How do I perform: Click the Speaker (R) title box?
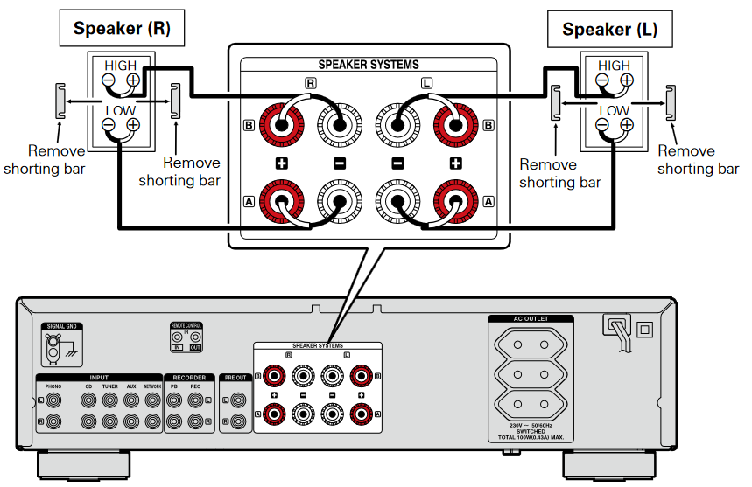[x=122, y=28]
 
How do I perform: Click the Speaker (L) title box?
[x=609, y=29]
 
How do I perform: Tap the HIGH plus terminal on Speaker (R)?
[x=133, y=81]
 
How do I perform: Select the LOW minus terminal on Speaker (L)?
[x=602, y=126]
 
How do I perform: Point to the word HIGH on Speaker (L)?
[x=614, y=66]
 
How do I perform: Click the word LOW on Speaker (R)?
[x=121, y=111]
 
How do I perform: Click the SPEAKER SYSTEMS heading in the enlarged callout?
[x=368, y=65]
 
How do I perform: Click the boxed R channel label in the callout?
[x=310, y=83]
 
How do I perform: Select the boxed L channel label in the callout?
[x=426, y=83]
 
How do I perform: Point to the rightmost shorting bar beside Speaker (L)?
[x=671, y=101]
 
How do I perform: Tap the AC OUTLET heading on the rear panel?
[x=531, y=319]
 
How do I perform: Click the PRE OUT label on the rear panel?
[x=235, y=379]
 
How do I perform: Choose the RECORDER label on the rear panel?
[x=188, y=378]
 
